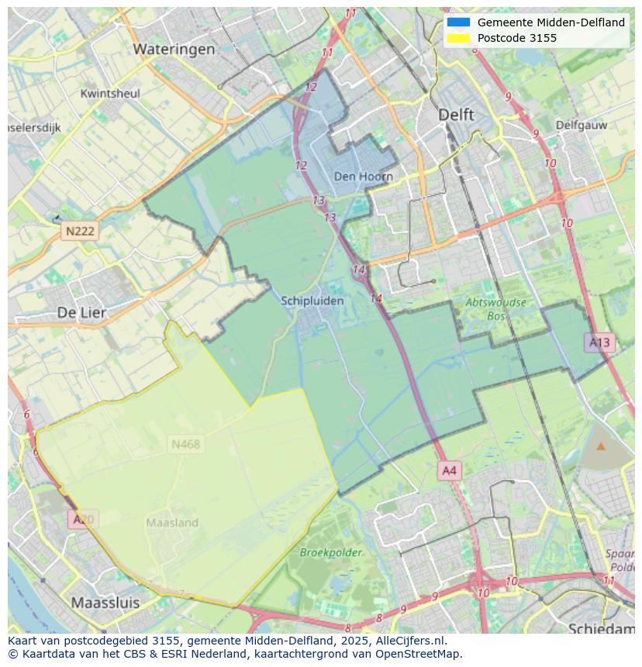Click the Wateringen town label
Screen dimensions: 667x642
point(174,49)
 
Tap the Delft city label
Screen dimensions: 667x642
point(456,114)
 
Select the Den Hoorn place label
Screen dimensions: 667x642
point(363,177)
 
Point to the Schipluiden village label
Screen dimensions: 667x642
point(312,301)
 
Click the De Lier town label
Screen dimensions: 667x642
point(82,312)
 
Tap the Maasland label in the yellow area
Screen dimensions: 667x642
point(172,523)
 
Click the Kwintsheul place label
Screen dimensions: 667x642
point(110,94)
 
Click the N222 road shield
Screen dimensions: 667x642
point(80,231)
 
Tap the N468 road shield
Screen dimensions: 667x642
point(185,444)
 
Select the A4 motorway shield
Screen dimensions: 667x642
point(449,470)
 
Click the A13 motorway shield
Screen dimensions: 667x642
point(599,342)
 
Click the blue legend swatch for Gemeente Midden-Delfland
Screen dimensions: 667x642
point(458,22)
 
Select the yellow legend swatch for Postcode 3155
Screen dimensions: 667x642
point(458,38)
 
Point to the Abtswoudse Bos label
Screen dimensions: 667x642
point(495,308)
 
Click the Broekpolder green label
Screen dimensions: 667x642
point(331,552)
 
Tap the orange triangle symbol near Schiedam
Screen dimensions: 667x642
point(601,446)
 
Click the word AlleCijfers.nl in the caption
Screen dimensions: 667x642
point(410,641)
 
